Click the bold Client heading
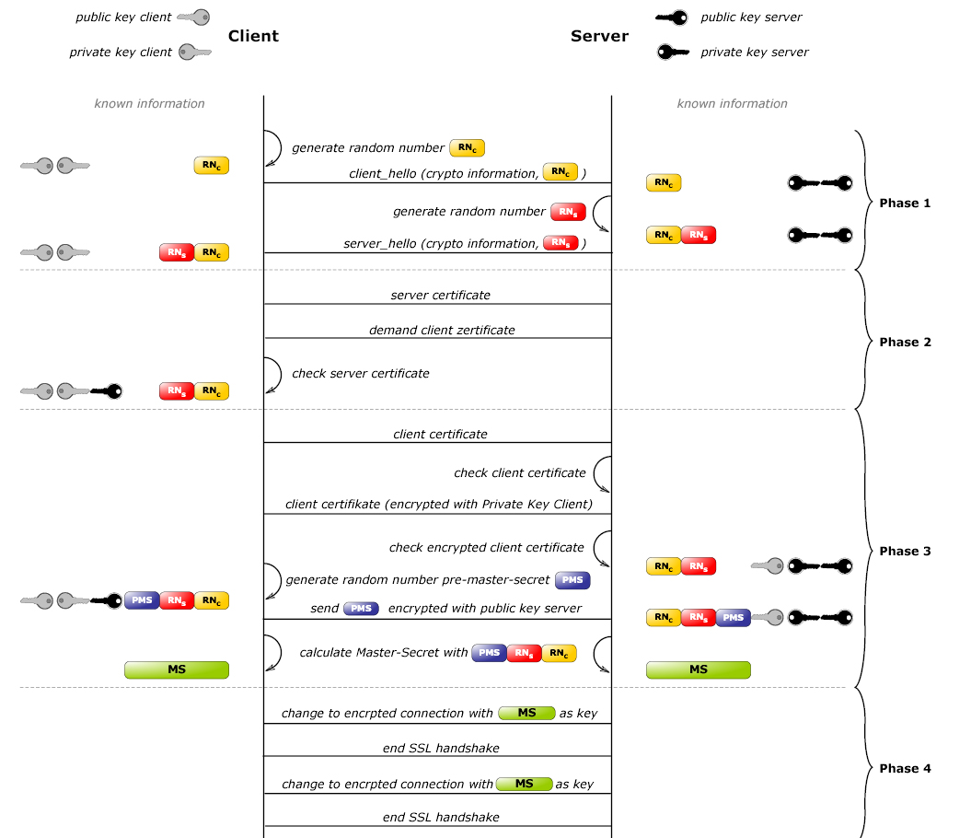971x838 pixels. [253, 36]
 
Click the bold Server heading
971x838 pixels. [599, 36]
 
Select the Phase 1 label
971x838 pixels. [905, 203]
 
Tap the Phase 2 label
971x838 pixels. [905, 342]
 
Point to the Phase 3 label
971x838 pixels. [905, 551]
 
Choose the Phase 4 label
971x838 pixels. [905, 768]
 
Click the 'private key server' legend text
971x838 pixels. [754, 52]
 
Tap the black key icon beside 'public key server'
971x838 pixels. [671, 17]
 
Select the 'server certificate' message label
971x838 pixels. [440, 296]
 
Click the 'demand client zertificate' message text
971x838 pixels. [442, 330]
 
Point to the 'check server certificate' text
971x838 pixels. [360, 373]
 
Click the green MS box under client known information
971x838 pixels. [177, 669]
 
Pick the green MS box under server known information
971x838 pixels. [698, 669]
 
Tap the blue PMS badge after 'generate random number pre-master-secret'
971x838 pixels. [572, 580]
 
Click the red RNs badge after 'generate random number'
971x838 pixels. [568, 212]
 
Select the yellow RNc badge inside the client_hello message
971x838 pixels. [561, 172]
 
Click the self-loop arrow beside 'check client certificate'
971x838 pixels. [602, 473]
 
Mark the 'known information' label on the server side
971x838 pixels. [732, 103]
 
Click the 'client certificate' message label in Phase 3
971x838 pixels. [440, 434]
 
